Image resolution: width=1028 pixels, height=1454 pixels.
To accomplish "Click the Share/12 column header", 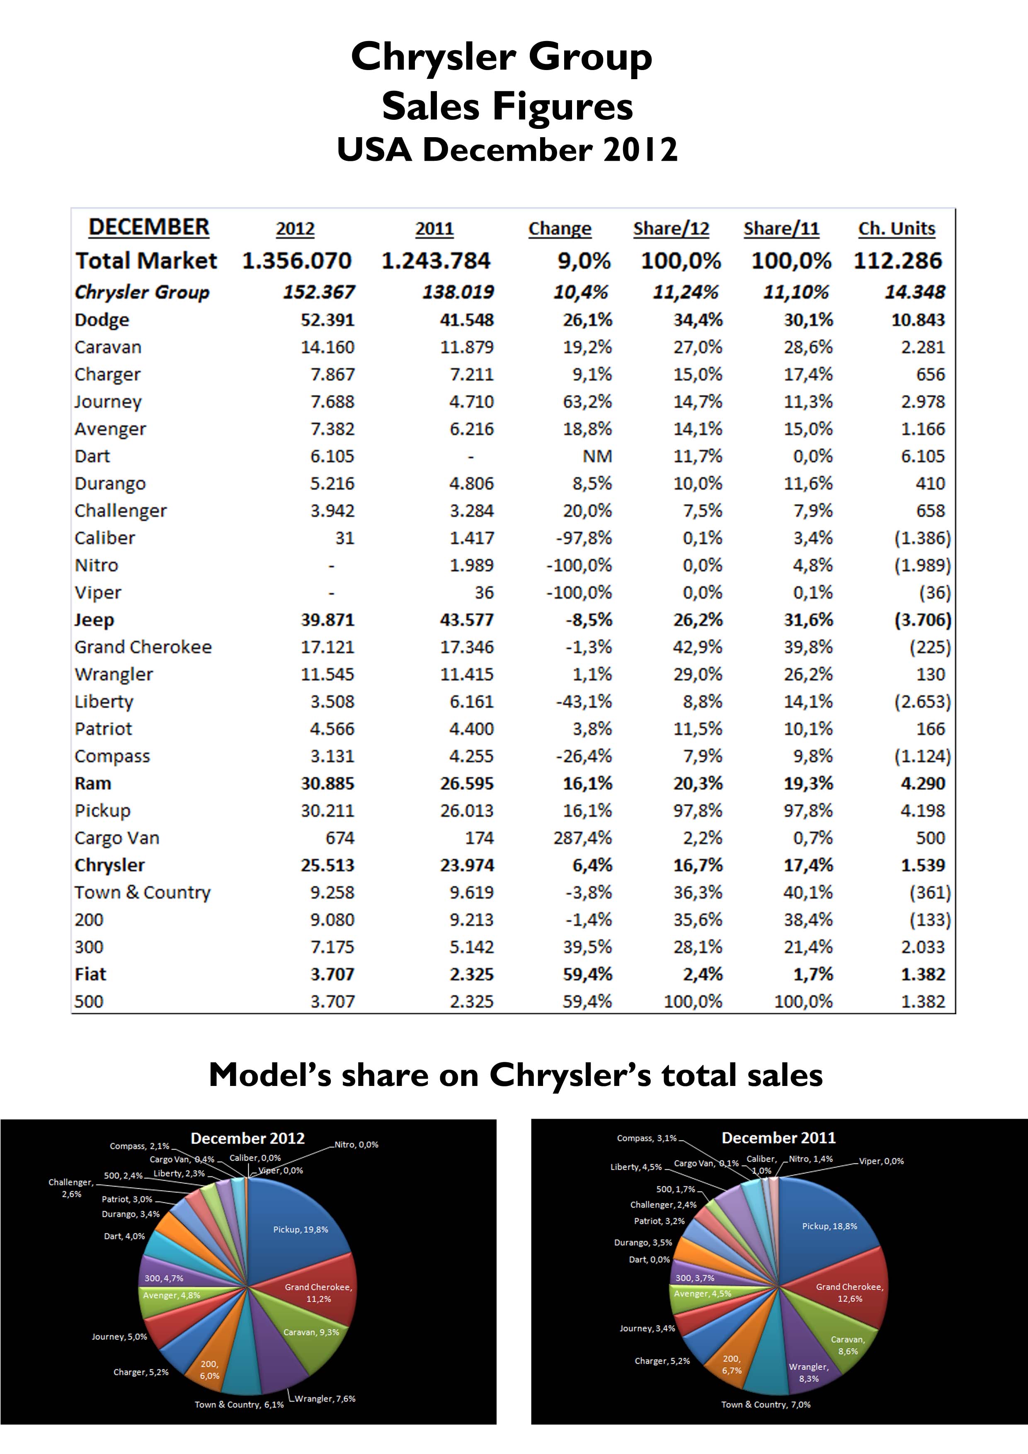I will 671,229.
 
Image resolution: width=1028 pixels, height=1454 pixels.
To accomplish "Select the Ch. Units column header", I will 896,229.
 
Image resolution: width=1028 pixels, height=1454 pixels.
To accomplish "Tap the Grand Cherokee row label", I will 143,647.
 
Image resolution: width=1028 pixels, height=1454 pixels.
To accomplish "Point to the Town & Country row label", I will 143,892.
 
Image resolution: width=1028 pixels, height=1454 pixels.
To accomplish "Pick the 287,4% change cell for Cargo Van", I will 583,838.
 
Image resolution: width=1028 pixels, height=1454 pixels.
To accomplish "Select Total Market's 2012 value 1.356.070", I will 296,261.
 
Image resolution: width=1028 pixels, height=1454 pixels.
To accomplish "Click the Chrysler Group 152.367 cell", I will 319,292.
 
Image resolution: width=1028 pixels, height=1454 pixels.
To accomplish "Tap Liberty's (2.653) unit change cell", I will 922,702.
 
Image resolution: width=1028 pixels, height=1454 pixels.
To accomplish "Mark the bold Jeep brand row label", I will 95,620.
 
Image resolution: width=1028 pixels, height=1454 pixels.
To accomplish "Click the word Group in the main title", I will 590,57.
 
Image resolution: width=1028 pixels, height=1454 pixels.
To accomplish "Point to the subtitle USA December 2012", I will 507,150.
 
